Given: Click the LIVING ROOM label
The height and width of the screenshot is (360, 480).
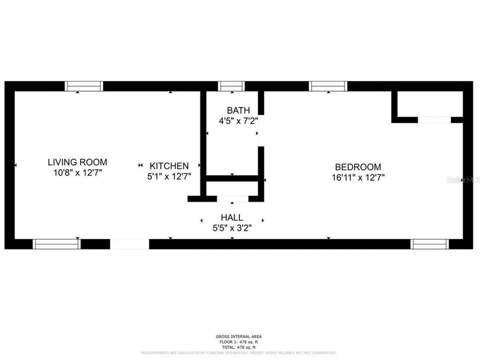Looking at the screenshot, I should (77, 162).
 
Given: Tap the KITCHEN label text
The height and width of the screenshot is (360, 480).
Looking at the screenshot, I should (169, 166).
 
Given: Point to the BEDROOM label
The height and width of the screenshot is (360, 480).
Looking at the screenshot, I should (358, 167).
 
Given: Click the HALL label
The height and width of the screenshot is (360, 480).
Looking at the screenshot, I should (232, 218).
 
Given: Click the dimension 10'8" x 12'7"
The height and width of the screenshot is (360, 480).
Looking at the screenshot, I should (77, 172).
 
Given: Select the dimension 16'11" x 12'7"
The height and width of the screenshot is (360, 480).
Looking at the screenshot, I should (358, 177).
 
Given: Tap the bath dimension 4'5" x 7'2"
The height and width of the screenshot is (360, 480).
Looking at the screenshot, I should (238, 121).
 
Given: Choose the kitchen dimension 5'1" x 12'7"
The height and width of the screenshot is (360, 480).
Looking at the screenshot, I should (169, 175).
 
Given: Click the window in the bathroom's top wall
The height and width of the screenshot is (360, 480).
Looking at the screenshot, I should (231, 86).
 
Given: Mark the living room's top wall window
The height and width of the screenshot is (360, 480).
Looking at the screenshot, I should (84, 86).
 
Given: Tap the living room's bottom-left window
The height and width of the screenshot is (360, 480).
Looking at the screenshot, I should (56, 244).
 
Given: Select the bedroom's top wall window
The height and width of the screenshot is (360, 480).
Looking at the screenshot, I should (328, 86).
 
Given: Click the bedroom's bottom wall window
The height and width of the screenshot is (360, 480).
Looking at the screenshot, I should (430, 244).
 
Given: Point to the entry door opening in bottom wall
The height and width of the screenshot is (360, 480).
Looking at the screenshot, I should (130, 244).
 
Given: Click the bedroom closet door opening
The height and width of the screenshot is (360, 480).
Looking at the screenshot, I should (434, 120).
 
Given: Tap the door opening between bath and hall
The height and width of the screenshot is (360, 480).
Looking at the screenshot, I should (233, 198).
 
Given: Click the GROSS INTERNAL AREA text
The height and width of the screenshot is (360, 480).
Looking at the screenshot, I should (238, 337).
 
